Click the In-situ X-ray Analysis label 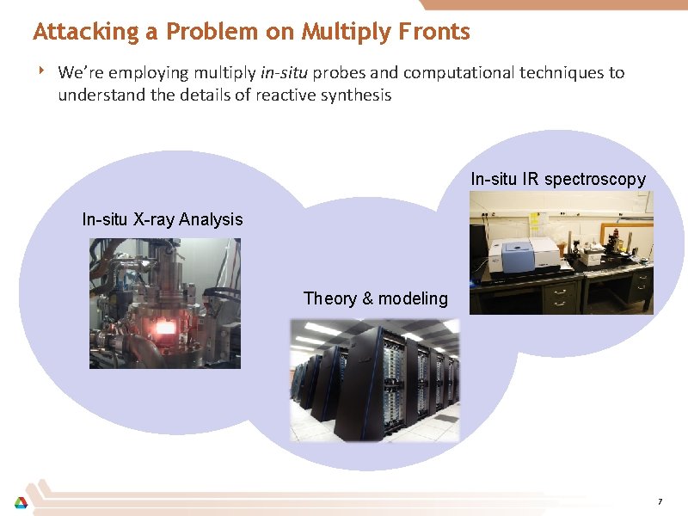(x=163, y=219)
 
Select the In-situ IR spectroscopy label (x=558, y=179)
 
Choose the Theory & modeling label (x=376, y=298)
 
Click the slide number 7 (x=659, y=501)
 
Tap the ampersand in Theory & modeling (x=367, y=298)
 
